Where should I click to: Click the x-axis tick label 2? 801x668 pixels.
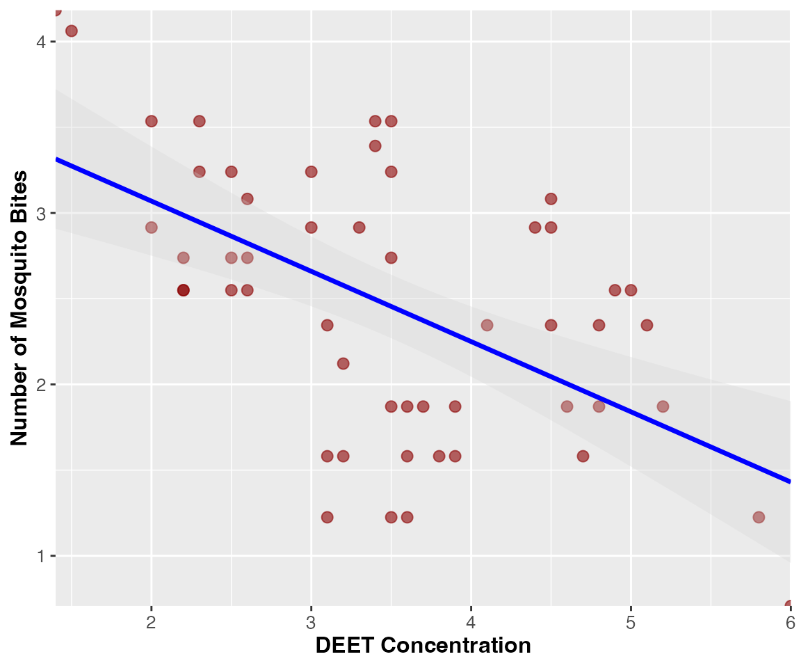[151, 623]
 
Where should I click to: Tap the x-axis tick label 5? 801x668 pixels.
[631, 623]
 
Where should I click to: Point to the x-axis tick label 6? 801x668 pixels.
[791, 623]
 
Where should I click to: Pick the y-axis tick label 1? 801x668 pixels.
[41, 555]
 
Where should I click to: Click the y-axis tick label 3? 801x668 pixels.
[41, 213]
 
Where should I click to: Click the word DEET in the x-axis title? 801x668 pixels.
[345, 646]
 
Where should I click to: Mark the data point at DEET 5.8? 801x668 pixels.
[759, 517]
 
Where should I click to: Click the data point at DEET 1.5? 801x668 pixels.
[72, 31]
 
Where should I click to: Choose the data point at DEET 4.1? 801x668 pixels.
[487, 325]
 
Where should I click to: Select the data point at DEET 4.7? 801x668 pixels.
[583, 456]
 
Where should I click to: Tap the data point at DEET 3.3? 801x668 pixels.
[359, 228]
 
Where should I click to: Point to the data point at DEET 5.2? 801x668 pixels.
[663, 406]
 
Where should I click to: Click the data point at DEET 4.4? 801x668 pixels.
[535, 228]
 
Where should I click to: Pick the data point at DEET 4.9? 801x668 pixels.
[615, 290]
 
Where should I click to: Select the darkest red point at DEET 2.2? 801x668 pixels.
[184, 290]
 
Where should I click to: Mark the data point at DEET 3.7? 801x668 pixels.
[423, 406]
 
